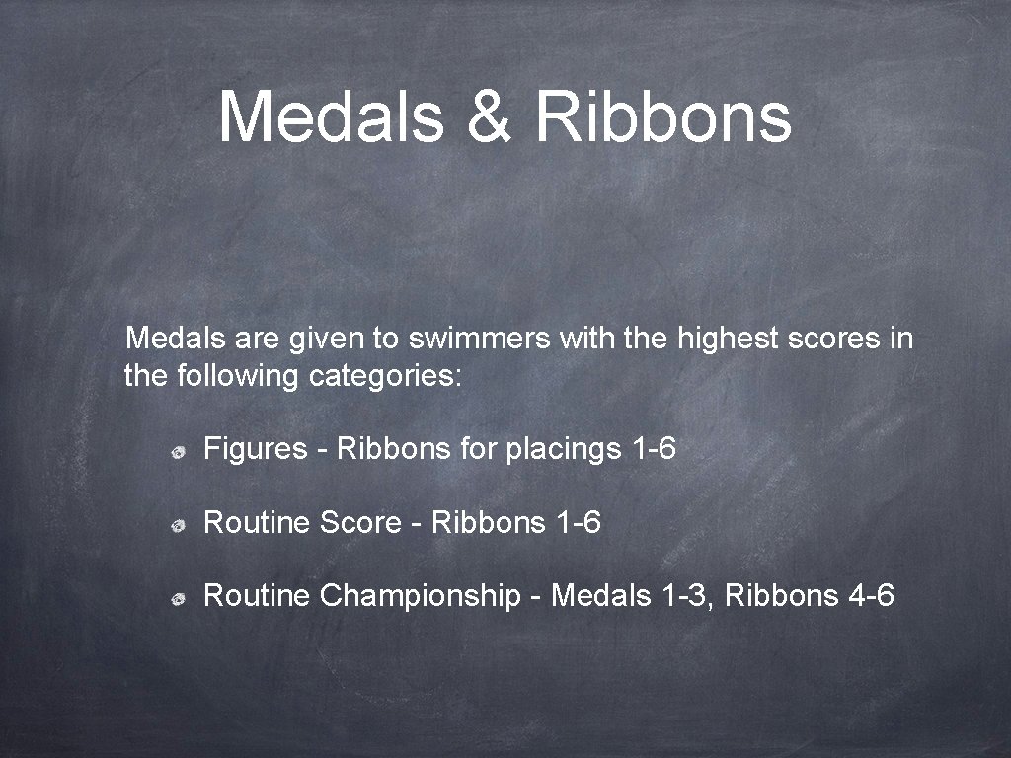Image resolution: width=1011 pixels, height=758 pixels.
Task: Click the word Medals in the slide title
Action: pyautogui.click(x=331, y=115)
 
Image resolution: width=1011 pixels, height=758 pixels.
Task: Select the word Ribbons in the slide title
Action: pyautogui.click(x=662, y=115)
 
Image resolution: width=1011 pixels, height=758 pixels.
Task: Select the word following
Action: pyautogui.click(x=237, y=376)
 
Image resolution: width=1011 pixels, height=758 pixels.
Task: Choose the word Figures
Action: pyautogui.click(x=256, y=450)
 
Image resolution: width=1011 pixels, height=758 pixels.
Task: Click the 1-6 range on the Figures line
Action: pyautogui.click(x=653, y=450)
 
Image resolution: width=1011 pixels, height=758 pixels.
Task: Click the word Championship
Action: pyautogui.click(x=421, y=595)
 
